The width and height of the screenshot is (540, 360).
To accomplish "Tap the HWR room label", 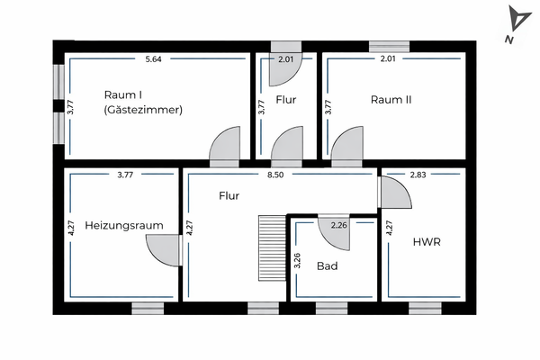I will click(425, 242).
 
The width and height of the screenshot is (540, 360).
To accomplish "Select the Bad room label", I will click(327, 266).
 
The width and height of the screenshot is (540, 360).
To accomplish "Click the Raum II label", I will click(391, 100).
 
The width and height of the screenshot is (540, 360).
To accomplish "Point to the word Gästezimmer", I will click(144, 111).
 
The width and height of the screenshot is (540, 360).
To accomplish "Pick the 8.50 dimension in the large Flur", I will click(275, 175).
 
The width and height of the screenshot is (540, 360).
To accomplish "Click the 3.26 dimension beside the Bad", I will click(298, 264).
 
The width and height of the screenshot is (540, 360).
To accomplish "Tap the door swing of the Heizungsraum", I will click(165, 248).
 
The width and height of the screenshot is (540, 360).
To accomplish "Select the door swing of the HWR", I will click(392, 192).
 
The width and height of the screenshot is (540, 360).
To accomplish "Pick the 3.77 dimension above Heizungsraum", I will click(125, 175).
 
